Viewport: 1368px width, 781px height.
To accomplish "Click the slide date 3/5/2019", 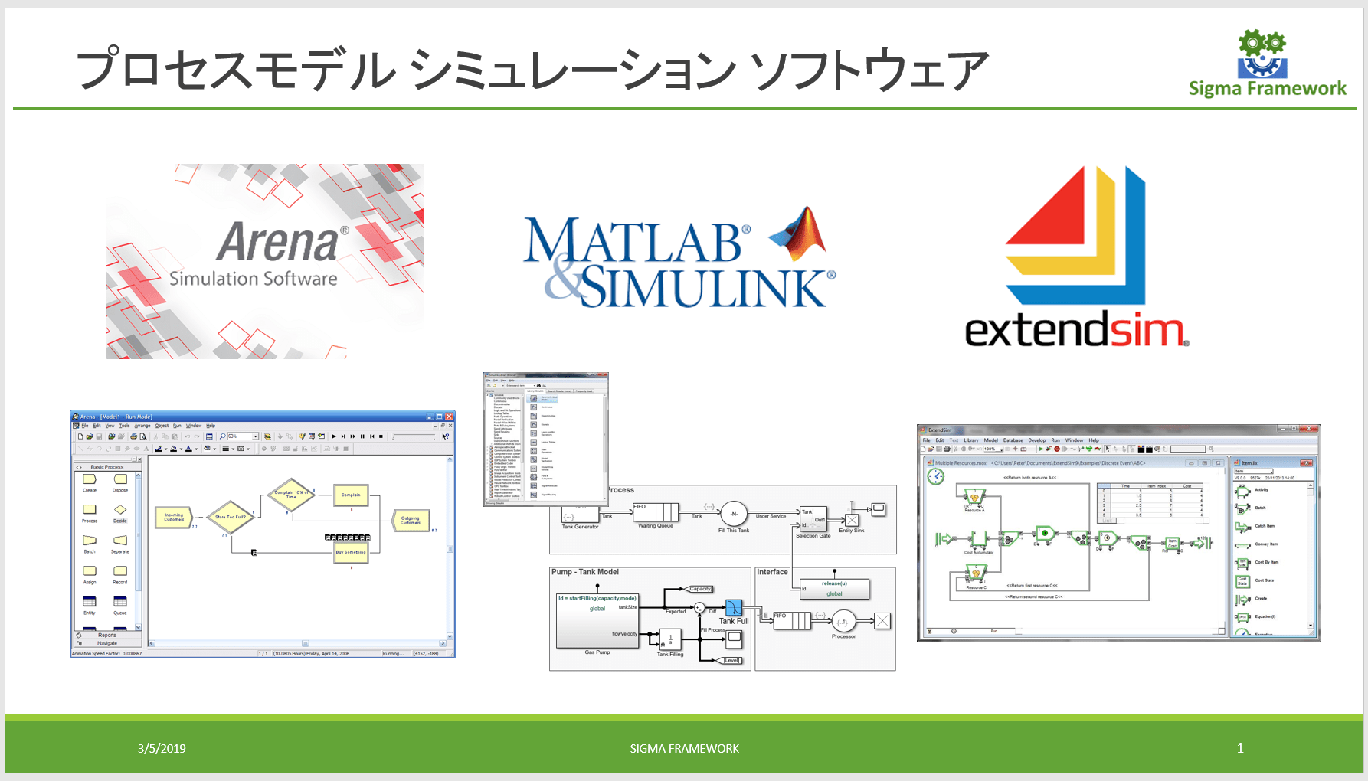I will point(162,748).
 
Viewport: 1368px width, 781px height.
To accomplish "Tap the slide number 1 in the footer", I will point(1240,748).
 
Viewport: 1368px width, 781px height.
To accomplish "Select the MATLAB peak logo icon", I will point(800,234).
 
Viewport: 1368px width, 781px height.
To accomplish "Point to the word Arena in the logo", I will point(277,242).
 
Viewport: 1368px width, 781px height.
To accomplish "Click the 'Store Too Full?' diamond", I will point(231,517).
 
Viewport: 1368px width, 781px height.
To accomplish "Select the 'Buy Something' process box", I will point(351,552).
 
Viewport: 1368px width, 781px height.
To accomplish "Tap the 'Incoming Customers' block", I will point(174,518).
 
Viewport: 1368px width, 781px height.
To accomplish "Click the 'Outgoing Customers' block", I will point(411,520).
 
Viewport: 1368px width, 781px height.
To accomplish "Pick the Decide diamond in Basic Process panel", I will point(120,509).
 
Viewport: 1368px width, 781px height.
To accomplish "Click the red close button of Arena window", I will point(450,417).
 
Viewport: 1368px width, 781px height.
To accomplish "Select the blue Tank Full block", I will point(733,608).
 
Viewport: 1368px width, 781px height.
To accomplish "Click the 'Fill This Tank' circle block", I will point(734,514).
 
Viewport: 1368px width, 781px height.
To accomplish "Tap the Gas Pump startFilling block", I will point(597,621).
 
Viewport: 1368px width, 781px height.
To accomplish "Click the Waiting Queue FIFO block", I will point(656,512).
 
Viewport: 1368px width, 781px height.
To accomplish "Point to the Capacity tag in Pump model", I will point(700,589).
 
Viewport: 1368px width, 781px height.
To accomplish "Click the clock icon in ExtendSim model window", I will point(936,476).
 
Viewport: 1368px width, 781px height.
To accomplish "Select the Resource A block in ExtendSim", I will point(974,498).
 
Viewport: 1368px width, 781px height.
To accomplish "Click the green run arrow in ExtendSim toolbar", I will point(1040,449).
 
